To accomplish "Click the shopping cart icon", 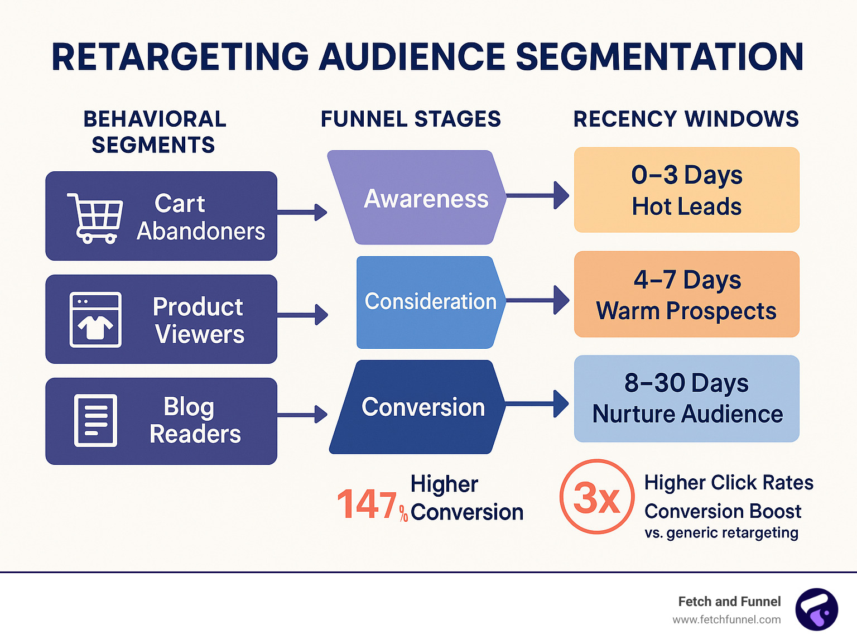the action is [95, 218].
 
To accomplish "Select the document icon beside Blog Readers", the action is [95, 420].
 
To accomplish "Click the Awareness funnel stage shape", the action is [417, 197].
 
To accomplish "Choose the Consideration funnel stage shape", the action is [431, 302].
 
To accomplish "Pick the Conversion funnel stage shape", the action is [417, 407].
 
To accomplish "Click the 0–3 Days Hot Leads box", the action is [686, 190].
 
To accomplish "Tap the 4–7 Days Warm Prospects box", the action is [686, 294].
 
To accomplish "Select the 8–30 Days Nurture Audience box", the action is [686, 398].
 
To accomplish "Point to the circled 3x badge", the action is [596, 496].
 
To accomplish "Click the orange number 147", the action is [367, 504].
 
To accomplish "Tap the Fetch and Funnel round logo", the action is [816, 609].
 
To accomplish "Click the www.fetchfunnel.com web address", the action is [726, 619].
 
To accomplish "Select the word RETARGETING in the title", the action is [180, 57].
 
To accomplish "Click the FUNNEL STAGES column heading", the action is [410, 119].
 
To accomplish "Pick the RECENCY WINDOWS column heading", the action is [686, 119].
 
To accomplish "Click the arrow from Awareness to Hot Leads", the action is [538, 195].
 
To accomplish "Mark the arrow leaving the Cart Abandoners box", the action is [302, 212].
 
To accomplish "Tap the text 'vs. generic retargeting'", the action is [721, 533].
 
